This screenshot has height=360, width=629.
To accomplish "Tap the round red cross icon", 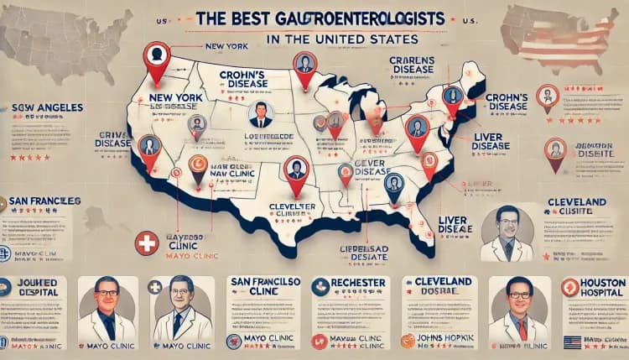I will (147, 244).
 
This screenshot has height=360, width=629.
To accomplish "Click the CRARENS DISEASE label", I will (412, 64).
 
